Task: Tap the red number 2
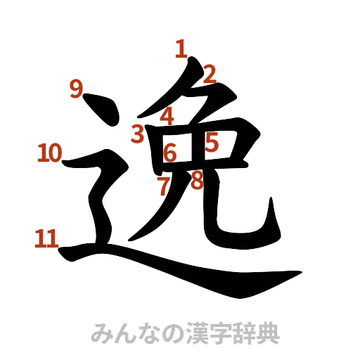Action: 209,73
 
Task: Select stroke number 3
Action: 138,132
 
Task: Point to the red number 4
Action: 167,116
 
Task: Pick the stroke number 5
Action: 212,143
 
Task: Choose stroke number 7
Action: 163,186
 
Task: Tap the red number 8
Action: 197,181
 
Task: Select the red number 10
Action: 49,152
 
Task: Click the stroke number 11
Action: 46,239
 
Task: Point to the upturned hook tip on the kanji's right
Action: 269,208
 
